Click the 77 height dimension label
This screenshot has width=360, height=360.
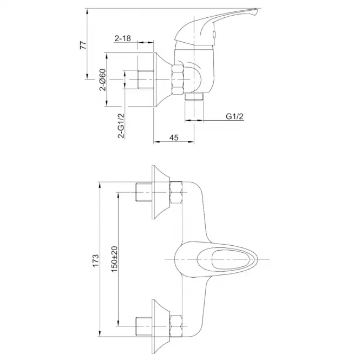click(83, 45)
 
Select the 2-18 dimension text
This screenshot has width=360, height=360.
click(123, 38)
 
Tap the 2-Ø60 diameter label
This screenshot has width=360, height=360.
click(103, 80)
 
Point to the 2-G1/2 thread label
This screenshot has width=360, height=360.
click(121, 126)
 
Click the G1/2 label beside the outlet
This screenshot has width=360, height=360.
click(234, 116)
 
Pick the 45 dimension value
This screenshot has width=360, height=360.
click(174, 138)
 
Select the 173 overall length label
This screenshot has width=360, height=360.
click(95, 260)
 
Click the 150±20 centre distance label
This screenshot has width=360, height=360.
click(114, 259)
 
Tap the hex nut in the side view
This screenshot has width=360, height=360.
click(178, 80)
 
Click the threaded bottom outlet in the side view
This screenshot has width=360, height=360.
click(194, 97)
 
